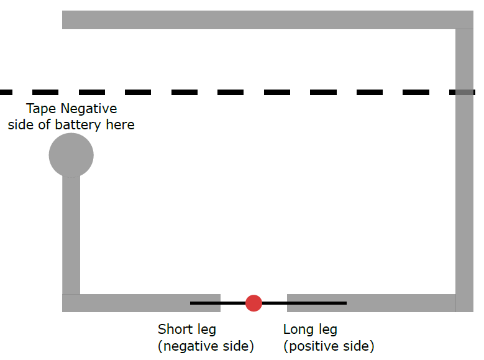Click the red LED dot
coord(253,303)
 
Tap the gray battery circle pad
coord(71,155)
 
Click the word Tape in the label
coord(41,109)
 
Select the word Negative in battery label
coord(89,109)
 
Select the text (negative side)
coord(206,346)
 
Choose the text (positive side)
coord(329,346)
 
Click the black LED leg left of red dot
coord(217,303)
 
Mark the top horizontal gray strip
coord(261,19)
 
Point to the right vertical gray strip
coord(464,187)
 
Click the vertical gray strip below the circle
coord(71,236)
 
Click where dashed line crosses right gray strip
coord(464,92)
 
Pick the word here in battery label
coord(119,125)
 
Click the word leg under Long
coord(327,330)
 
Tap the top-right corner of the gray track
coord(464,19)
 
